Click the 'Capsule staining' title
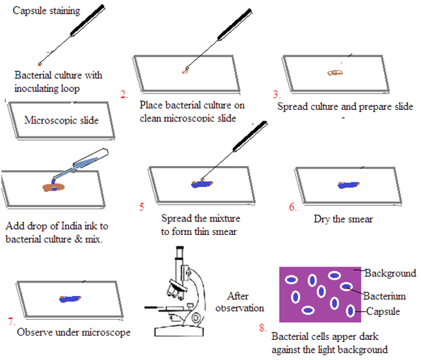pos(46,11)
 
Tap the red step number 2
pos(124,95)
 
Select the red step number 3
pos(277,94)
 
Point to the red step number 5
pos(142,207)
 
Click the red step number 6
pos(292,207)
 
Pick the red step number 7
pos(11,321)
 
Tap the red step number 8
pos(263,328)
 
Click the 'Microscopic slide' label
pos(62,120)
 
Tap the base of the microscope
pos(179,331)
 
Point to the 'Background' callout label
pos(390,273)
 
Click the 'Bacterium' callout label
pos(384,296)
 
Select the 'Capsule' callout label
pos(383,311)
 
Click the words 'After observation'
pos(239,302)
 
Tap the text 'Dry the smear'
pos(343,219)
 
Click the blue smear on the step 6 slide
pos(348,185)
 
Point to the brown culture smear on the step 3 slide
pos(335,73)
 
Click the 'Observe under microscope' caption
pos(73,333)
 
